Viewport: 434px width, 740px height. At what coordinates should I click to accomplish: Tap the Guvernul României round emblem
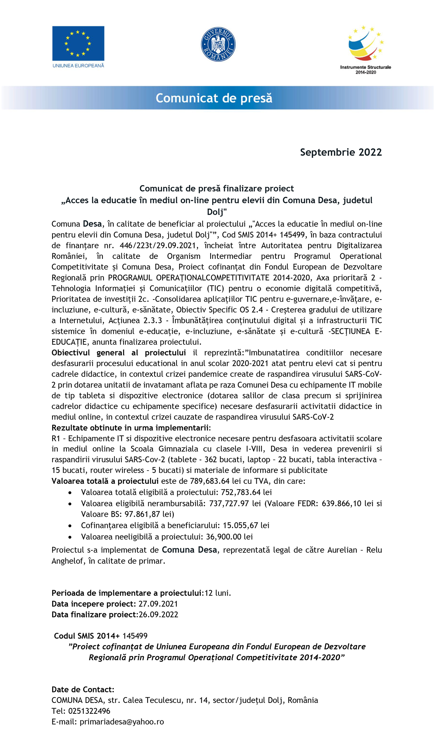pyautogui.click(x=218, y=44)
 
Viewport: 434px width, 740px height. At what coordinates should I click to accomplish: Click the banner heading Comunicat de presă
pyautogui.click(x=214, y=98)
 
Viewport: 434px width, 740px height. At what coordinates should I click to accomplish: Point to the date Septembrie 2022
pyautogui.click(x=341, y=152)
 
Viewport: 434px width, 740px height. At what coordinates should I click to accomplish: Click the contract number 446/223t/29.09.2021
pyautogui.click(x=157, y=246)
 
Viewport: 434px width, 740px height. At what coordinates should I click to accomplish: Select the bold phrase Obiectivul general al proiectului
pyautogui.click(x=119, y=353)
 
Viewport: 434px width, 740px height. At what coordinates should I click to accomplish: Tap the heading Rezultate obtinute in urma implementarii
pyautogui.click(x=131, y=428)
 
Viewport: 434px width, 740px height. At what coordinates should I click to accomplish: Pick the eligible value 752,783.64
pyautogui.click(x=241, y=492)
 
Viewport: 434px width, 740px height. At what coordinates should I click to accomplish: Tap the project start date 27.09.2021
pyautogui.click(x=158, y=604)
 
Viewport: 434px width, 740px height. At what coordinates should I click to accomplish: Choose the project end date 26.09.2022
pyautogui.click(x=158, y=615)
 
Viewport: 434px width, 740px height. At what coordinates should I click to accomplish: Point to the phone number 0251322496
pyautogui.click(x=89, y=711)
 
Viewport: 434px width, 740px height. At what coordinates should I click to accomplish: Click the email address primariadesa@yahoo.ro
pyautogui.click(x=122, y=722)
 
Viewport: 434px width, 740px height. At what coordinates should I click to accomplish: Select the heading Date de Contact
pyautogui.click(x=83, y=689)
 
